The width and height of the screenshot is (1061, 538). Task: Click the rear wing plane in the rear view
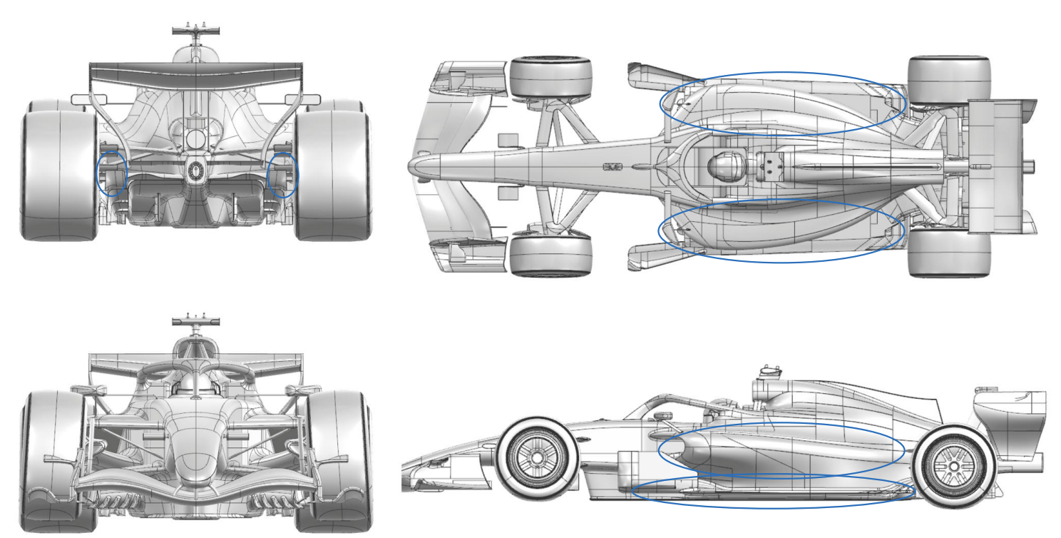[x=196, y=71]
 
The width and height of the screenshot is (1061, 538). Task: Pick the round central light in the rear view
[x=196, y=170]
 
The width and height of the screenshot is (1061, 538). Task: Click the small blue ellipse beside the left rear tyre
[x=112, y=173]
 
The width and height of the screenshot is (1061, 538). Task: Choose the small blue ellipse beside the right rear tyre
[x=282, y=175]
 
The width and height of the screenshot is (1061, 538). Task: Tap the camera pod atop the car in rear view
[x=195, y=31]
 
